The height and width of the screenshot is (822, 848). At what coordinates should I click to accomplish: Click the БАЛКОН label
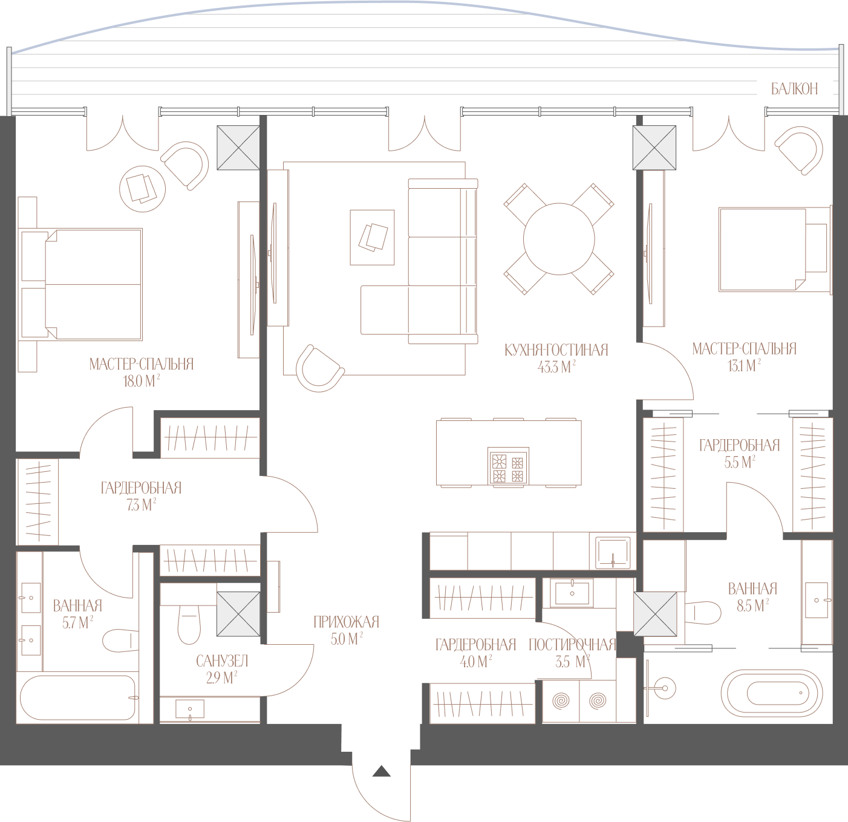[794, 89]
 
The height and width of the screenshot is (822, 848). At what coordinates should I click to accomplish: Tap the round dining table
[559, 239]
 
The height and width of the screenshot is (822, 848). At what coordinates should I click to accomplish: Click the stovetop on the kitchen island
[508, 466]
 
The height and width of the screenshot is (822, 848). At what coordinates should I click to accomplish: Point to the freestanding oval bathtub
[772, 693]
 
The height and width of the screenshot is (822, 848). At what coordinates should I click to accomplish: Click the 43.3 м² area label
[556, 367]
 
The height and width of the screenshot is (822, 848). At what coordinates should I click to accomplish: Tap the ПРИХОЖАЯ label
[347, 622]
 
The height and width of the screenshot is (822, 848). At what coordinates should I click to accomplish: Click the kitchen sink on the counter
[613, 553]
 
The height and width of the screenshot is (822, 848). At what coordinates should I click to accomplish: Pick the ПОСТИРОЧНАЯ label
[573, 645]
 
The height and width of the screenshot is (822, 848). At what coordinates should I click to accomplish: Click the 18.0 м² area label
[142, 382]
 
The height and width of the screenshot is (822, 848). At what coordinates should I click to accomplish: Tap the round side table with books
[143, 189]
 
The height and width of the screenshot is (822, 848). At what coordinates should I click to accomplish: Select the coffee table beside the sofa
[372, 238]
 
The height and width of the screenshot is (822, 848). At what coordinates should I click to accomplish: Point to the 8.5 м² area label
[752, 606]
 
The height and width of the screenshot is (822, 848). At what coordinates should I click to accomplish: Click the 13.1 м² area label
[744, 366]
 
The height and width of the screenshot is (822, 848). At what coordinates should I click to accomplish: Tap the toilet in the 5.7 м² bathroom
[120, 641]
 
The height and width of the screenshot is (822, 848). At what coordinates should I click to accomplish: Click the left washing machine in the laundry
[561, 701]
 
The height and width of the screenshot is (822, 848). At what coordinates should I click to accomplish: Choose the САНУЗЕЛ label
[222, 661]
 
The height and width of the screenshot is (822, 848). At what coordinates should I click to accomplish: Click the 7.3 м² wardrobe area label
[141, 504]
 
